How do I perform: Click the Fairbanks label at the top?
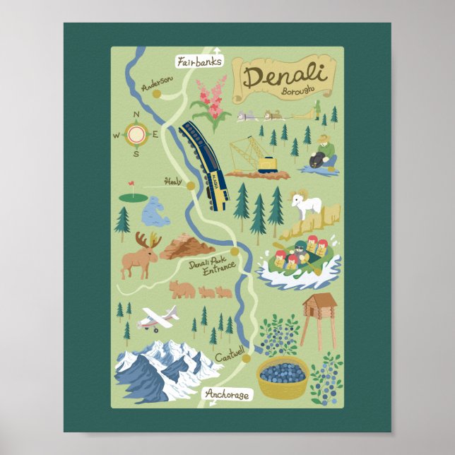[x=200, y=61]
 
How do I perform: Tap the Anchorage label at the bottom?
[x=227, y=394]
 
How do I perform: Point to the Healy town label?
[x=173, y=181]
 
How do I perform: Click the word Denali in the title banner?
[x=284, y=76]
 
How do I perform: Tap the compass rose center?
[x=137, y=133]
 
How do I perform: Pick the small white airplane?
[x=158, y=319]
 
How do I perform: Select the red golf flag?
[x=131, y=186]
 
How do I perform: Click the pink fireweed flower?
[x=211, y=102]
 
